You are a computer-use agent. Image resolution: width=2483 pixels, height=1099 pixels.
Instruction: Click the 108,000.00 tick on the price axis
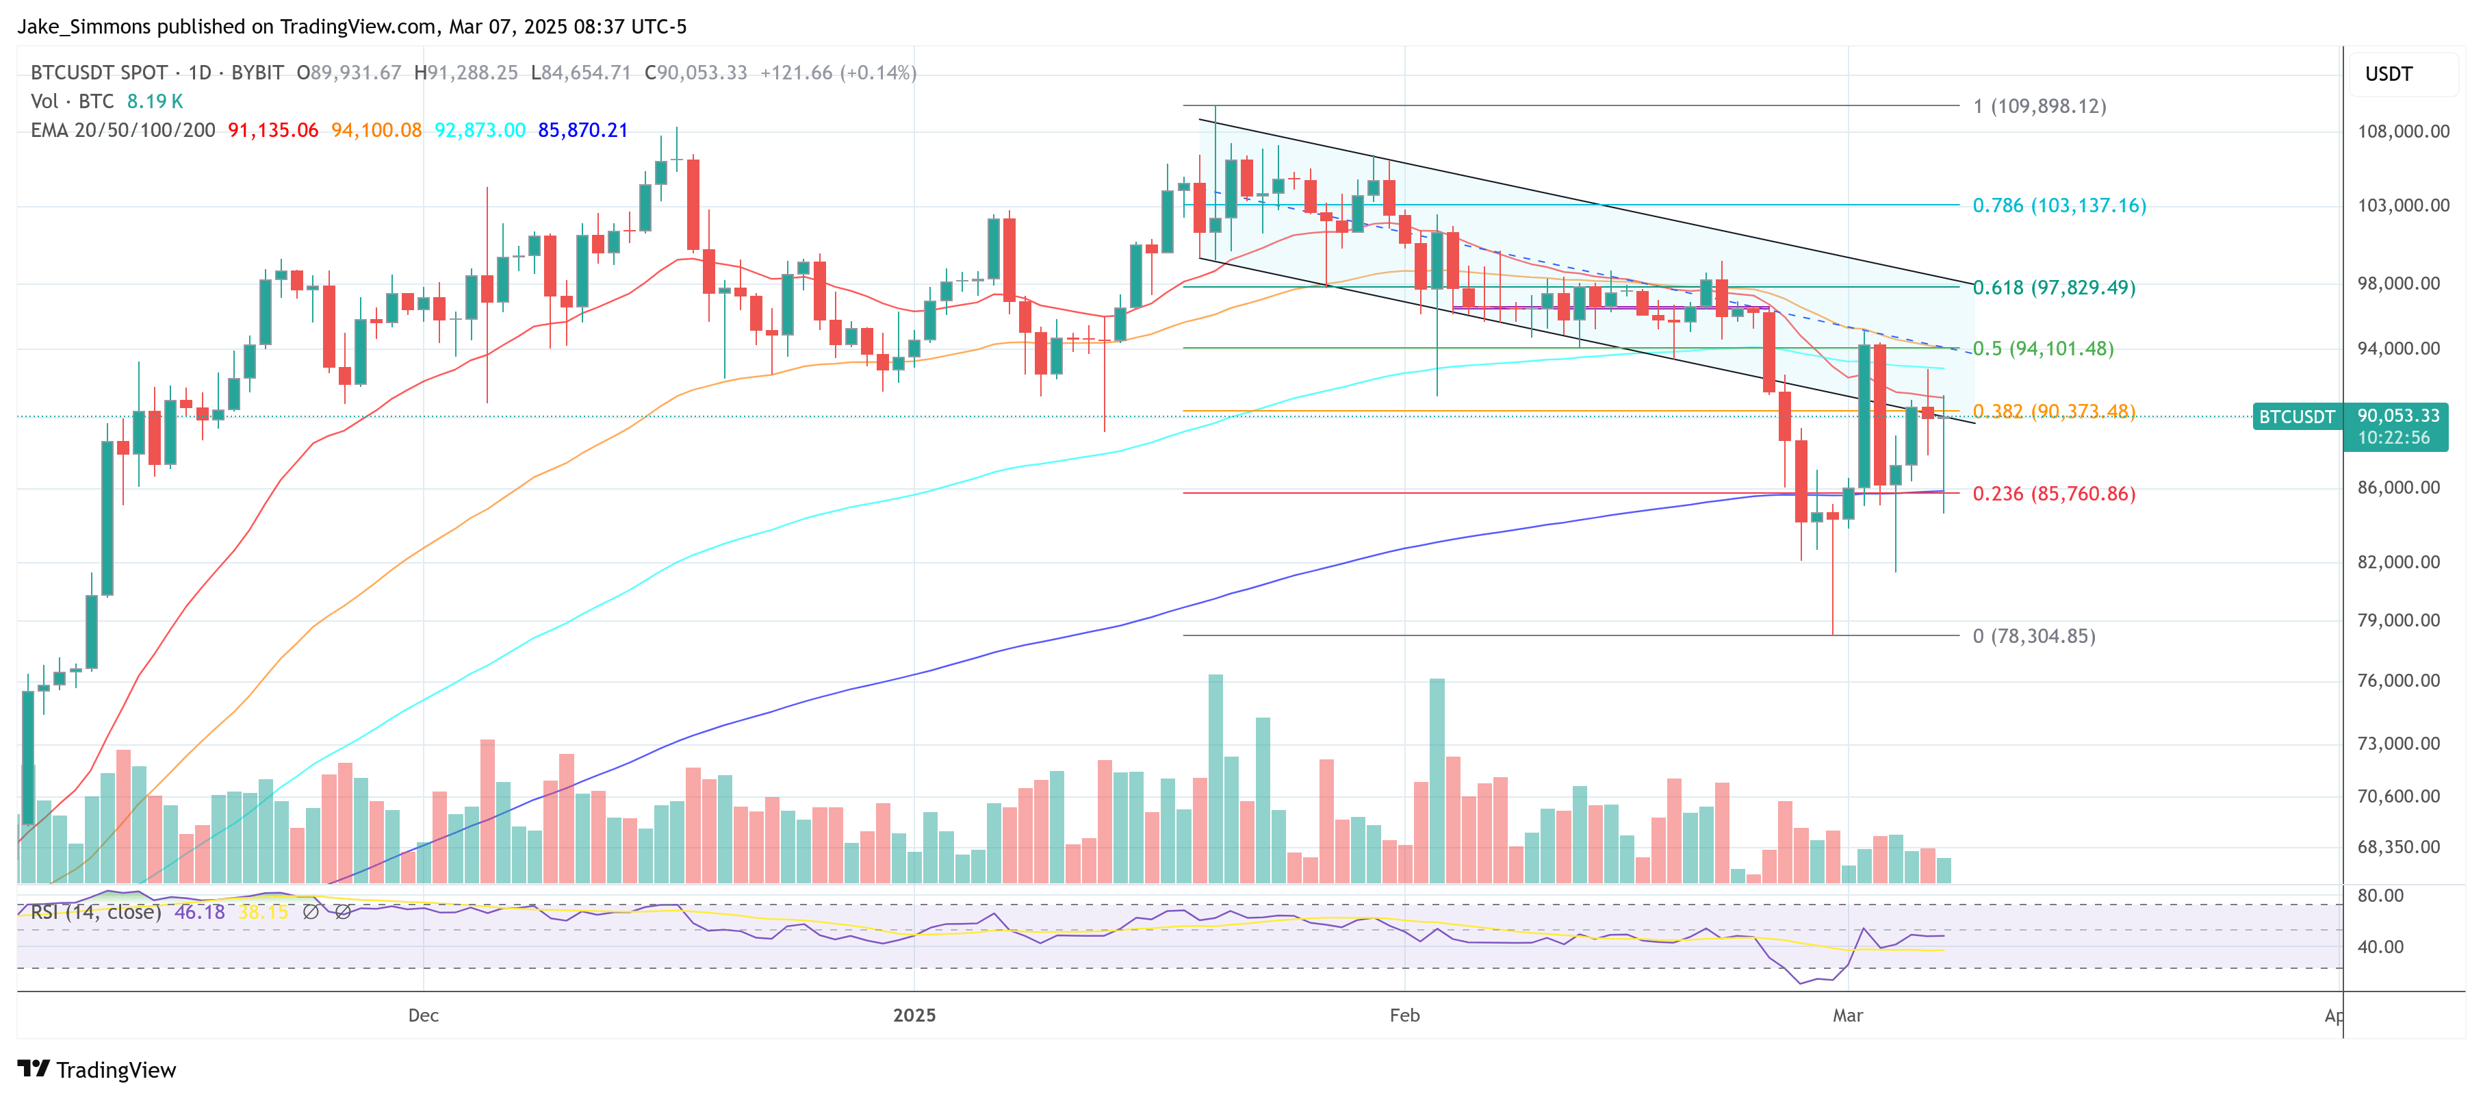tap(2403, 131)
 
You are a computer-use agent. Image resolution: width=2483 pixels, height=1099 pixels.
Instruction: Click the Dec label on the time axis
tap(423, 1015)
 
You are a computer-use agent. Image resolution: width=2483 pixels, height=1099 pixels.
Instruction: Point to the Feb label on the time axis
tap(1404, 1015)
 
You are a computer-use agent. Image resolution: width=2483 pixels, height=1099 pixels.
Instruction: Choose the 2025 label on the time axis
tap(914, 1015)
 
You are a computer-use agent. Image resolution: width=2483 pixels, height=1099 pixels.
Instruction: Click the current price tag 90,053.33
tap(2397, 416)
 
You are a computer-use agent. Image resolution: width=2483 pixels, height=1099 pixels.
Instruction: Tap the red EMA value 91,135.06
tap(273, 130)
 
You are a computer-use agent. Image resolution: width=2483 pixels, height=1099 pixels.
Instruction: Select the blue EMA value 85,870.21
tap(582, 130)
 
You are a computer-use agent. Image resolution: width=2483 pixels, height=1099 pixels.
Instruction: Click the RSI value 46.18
tap(200, 912)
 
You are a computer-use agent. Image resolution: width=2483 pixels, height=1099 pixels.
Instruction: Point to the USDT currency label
tap(2389, 74)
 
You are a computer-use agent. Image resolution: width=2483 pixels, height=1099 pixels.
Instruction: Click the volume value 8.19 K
tap(154, 101)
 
